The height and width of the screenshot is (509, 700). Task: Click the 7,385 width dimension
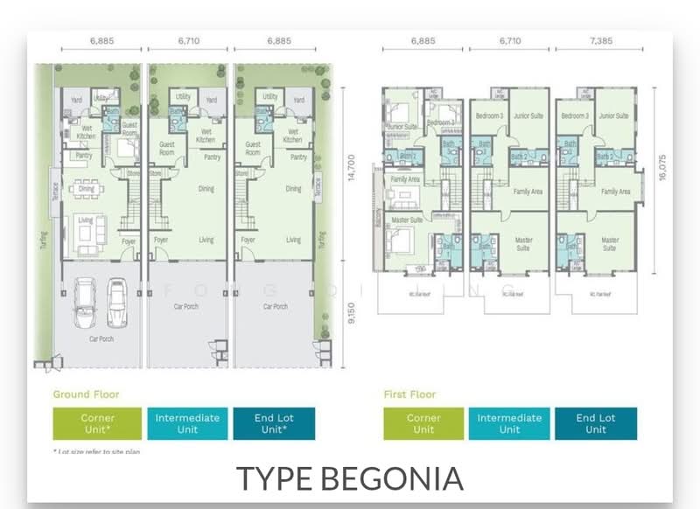click(x=596, y=40)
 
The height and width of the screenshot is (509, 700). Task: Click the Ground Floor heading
click(x=86, y=394)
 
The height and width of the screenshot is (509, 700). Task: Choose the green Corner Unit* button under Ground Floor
click(x=97, y=423)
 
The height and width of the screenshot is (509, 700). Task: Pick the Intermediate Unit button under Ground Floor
click(x=187, y=423)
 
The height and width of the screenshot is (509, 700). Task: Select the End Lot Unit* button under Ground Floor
click(x=276, y=423)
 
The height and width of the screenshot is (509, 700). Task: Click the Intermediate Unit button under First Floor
click(x=509, y=423)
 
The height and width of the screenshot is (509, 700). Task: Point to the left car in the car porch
click(x=84, y=302)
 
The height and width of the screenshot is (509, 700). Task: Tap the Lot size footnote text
click(x=96, y=451)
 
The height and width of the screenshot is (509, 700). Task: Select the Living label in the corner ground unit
click(x=86, y=220)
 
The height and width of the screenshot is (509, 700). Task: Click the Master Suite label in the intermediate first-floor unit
click(x=523, y=243)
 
